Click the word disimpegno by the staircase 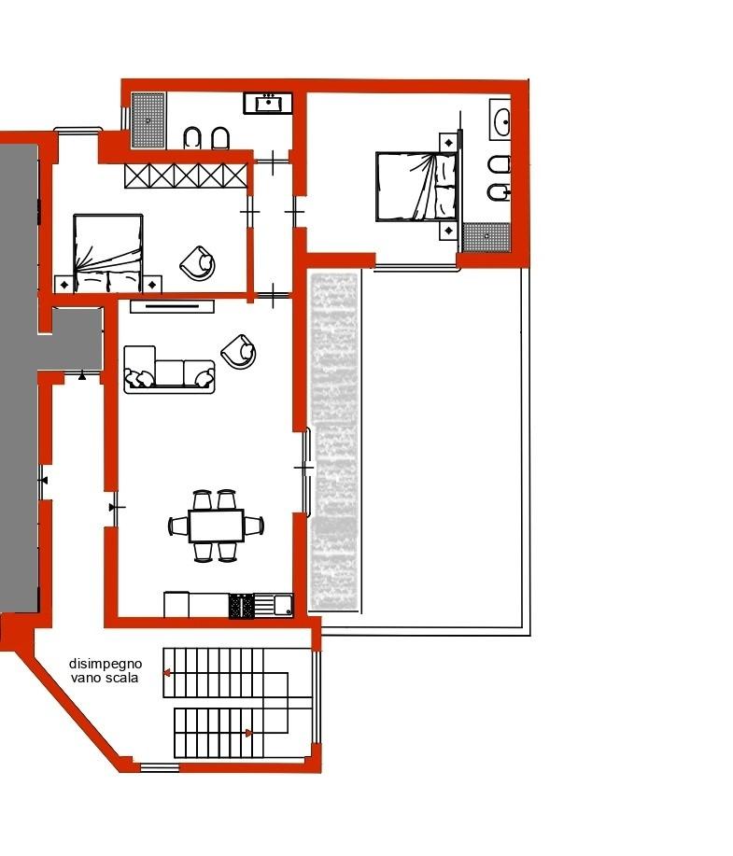coord(105,664)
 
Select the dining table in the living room coord(217,526)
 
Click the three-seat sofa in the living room coord(169,369)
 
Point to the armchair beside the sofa coord(239,351)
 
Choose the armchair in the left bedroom coord(198,263)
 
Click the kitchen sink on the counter coord(283,606)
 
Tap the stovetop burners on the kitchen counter coord(242,606)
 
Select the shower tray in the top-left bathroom coord(148,120)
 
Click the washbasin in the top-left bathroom coord(268,103)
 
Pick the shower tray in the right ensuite coord(486,237)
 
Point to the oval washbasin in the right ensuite coord(500,119)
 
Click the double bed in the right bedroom coord(416,187)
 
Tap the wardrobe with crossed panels coord(186,175)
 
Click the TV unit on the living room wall coord(172,306)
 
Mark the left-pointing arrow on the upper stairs coord(166,673)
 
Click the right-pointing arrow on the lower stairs coord(248,733)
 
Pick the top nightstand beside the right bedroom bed coord(449,143)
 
